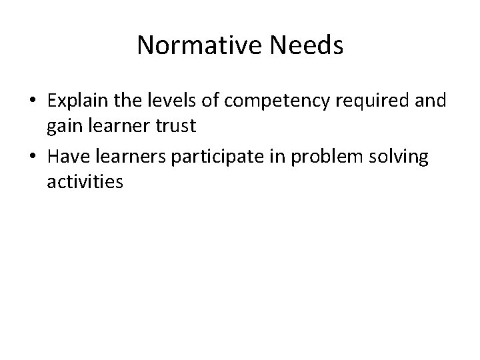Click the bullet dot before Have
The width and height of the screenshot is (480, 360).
click(x=33, y=157)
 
